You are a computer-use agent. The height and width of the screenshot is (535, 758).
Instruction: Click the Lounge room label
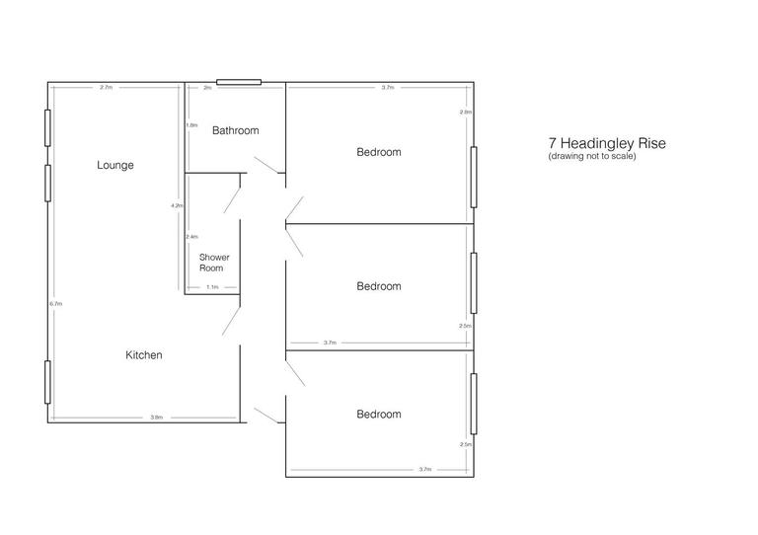(114, 165)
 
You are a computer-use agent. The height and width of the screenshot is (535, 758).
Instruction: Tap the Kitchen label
(143, 354)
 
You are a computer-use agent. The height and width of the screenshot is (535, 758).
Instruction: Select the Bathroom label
(235, 130)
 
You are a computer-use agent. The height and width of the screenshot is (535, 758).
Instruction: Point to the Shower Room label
(214, 263)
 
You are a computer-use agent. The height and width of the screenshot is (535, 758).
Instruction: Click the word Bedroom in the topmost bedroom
(379, 152)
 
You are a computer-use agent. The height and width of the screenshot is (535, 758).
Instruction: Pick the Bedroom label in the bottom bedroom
(379, 415)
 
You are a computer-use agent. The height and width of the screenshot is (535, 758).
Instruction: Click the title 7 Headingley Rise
(607, 143)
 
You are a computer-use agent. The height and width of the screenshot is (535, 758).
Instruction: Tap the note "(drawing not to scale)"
(592, 156)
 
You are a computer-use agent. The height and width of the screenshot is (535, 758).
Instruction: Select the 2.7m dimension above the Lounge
(106, 88)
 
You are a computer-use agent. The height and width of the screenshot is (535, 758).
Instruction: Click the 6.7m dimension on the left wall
(56, 304)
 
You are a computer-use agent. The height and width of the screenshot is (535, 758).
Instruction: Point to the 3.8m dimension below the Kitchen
(156, 418)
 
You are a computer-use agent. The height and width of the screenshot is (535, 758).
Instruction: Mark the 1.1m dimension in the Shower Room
(212, 287)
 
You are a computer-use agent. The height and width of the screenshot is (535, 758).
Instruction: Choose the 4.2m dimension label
(177, 205)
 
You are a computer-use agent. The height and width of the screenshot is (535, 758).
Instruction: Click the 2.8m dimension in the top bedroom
(466, 113)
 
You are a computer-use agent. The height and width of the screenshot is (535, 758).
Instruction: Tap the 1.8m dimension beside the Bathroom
(191, 125)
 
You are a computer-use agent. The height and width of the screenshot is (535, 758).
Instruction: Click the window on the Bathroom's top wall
(239, 82)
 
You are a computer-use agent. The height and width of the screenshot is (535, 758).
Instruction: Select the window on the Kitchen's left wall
(47, 382)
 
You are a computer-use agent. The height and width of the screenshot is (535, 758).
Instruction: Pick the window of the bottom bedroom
(475, 403)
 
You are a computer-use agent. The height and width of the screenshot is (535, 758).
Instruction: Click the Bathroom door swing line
(265, 165)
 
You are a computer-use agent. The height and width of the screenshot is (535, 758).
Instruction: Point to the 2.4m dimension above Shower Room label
(191, 237)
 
